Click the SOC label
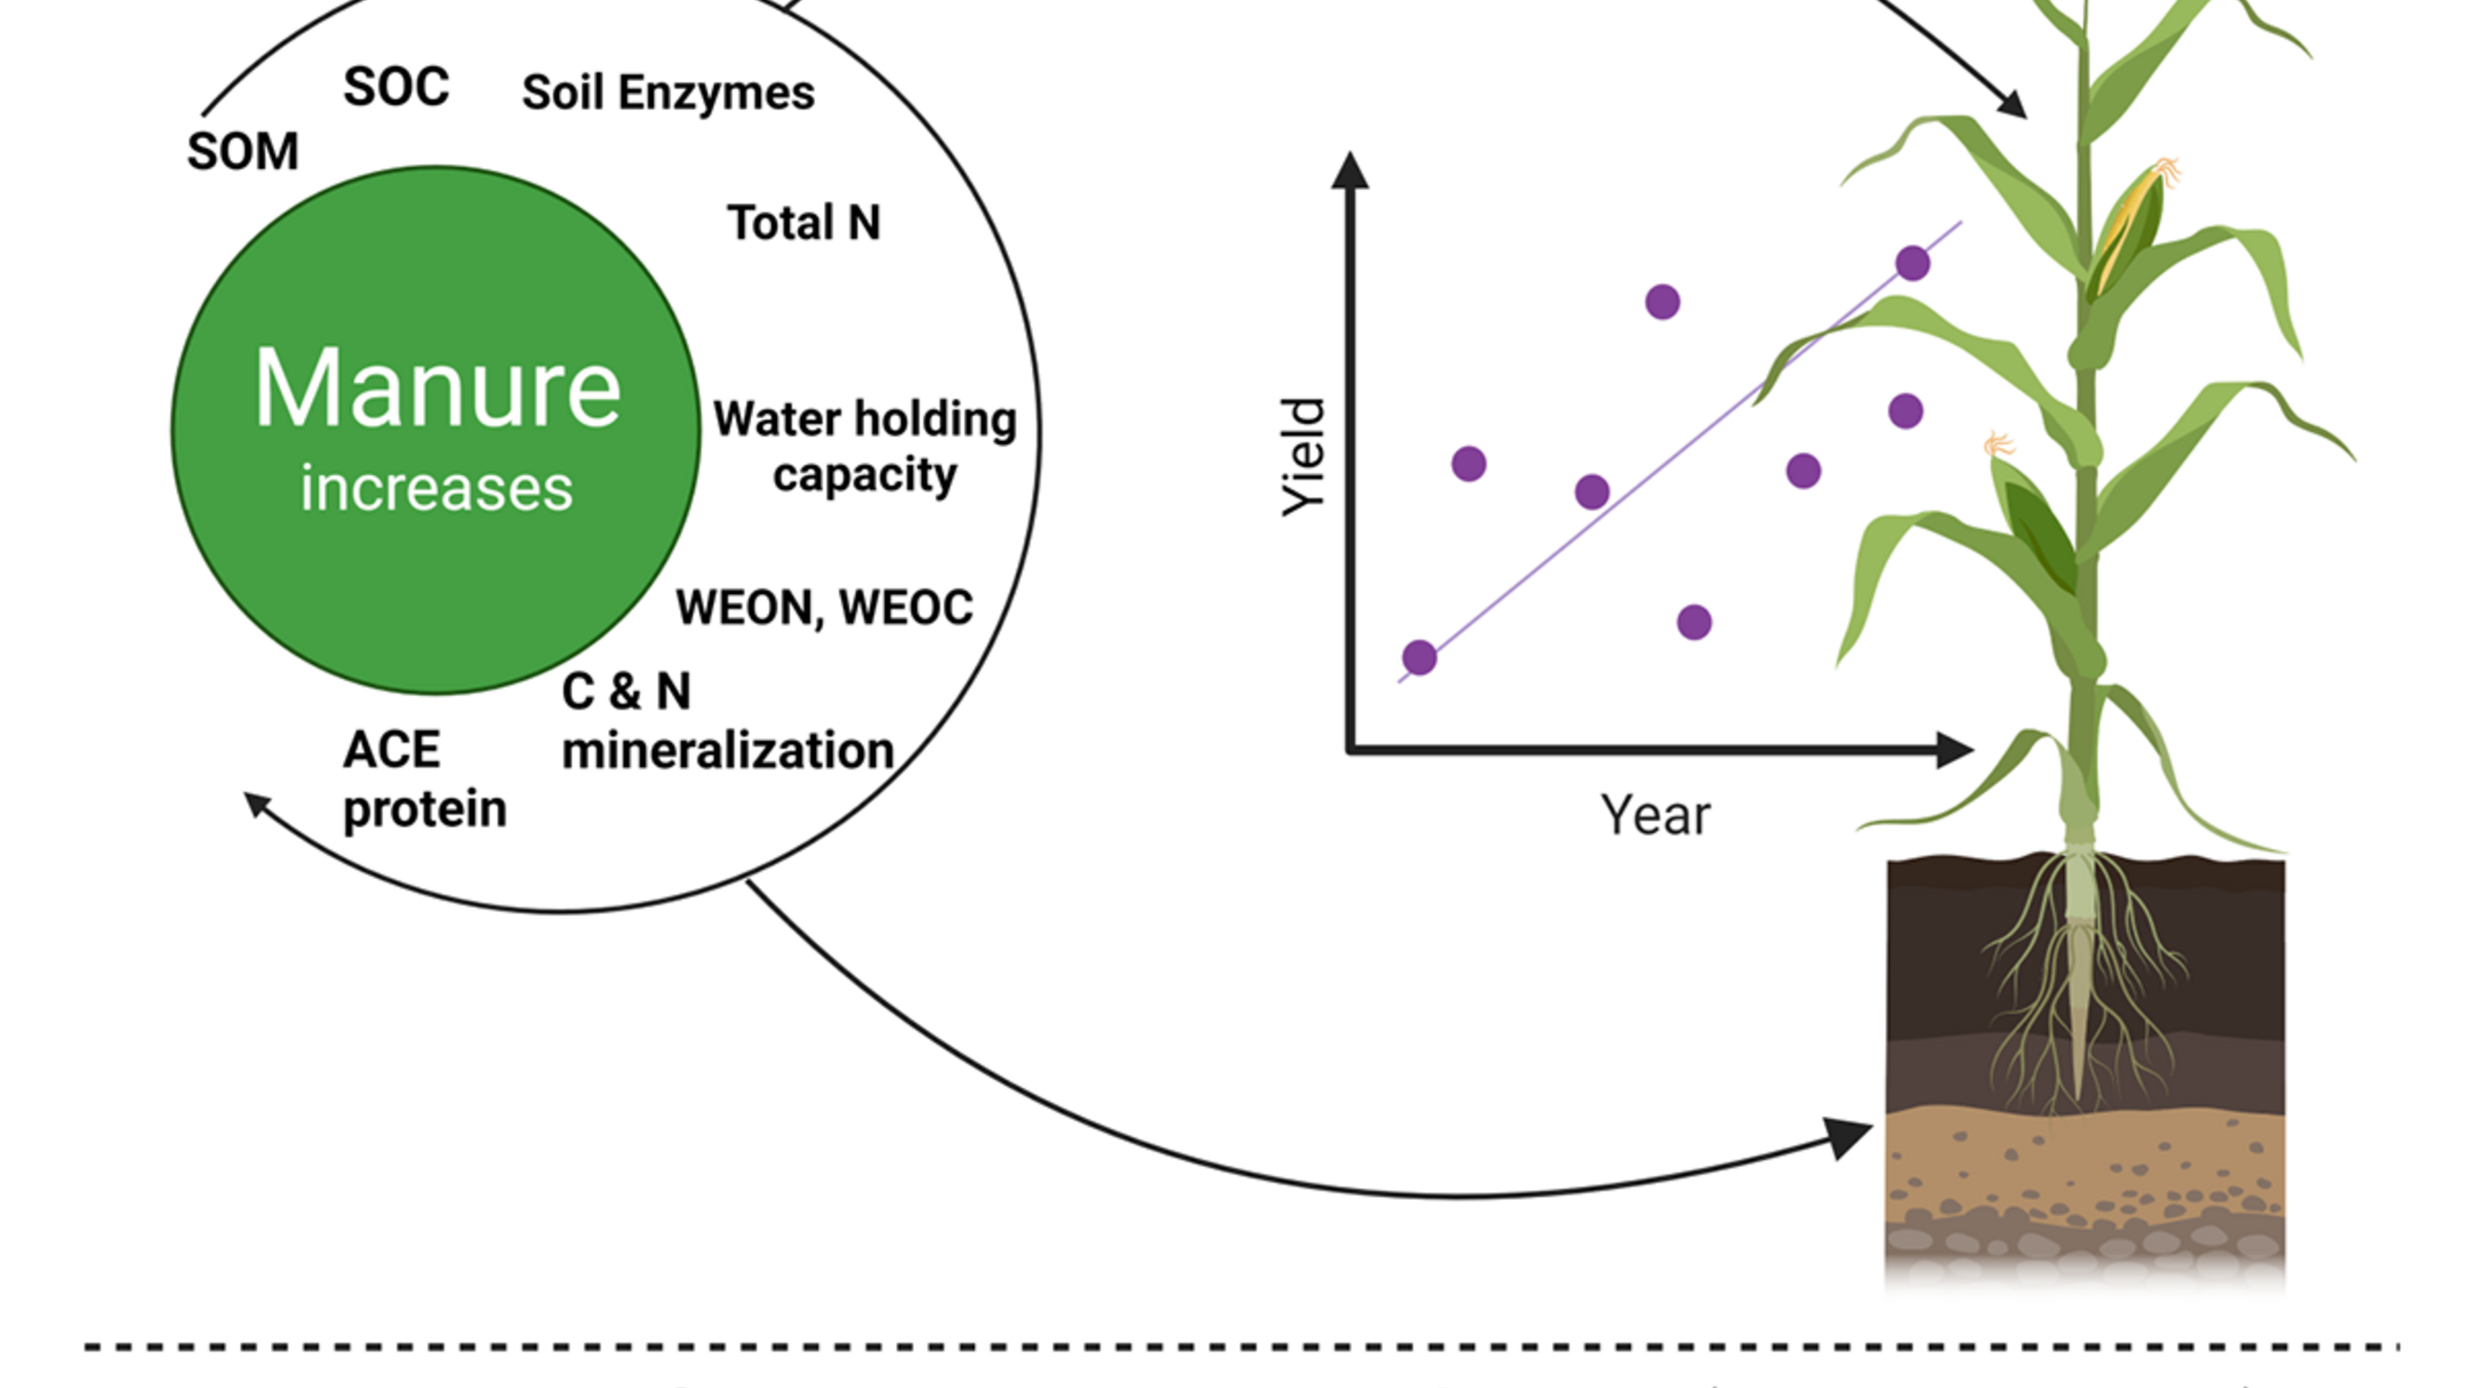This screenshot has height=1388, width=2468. (396, 87)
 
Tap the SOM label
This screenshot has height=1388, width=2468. (243, 151)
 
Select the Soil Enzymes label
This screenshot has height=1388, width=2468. (668, 93)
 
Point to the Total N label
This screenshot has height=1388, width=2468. (803, 222)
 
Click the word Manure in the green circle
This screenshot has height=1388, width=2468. (437, 388)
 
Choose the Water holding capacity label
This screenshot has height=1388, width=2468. (864, 445)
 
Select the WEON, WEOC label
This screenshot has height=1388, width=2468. (824, 607)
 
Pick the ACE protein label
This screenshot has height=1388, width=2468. (423, 779)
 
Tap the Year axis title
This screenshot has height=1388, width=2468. (1654, 815)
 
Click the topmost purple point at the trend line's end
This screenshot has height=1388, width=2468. (1912, 262)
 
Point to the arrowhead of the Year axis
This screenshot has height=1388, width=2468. (1955, 750)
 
